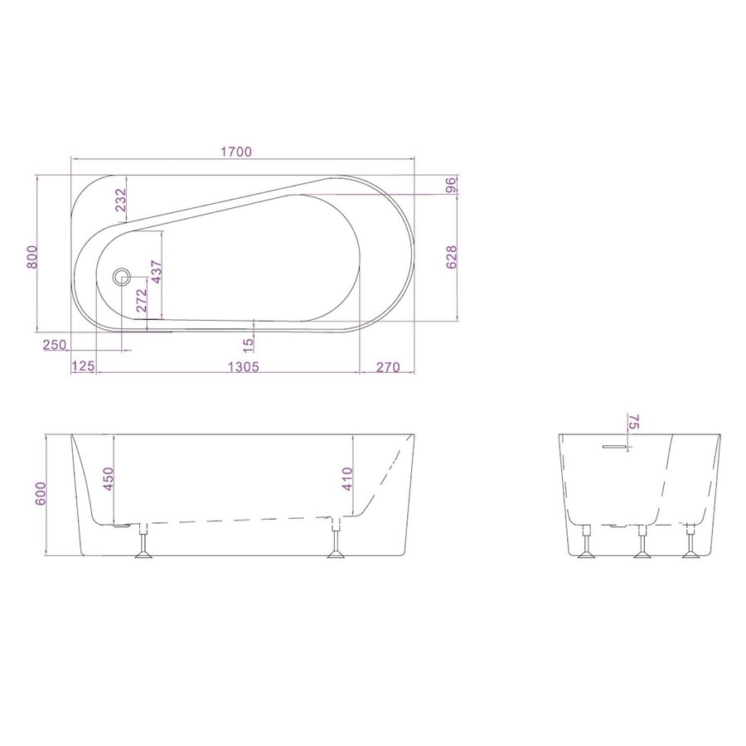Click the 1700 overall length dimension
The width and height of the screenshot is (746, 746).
tap(236, 151)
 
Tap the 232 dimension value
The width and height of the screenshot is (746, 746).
tap(120, 201)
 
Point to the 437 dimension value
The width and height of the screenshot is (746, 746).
tap(155, 274)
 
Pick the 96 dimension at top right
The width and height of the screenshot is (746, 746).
tap(452, 185)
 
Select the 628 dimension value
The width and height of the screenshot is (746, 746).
tap(452, 258)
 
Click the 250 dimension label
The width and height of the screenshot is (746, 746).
tap(54, 345)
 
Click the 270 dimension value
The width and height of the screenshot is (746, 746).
tap(389, 366)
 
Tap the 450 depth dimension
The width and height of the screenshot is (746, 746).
tap(106, 478)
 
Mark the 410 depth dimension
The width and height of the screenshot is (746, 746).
tap(347, 479)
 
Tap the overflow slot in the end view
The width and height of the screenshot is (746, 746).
tap(615, 446)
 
